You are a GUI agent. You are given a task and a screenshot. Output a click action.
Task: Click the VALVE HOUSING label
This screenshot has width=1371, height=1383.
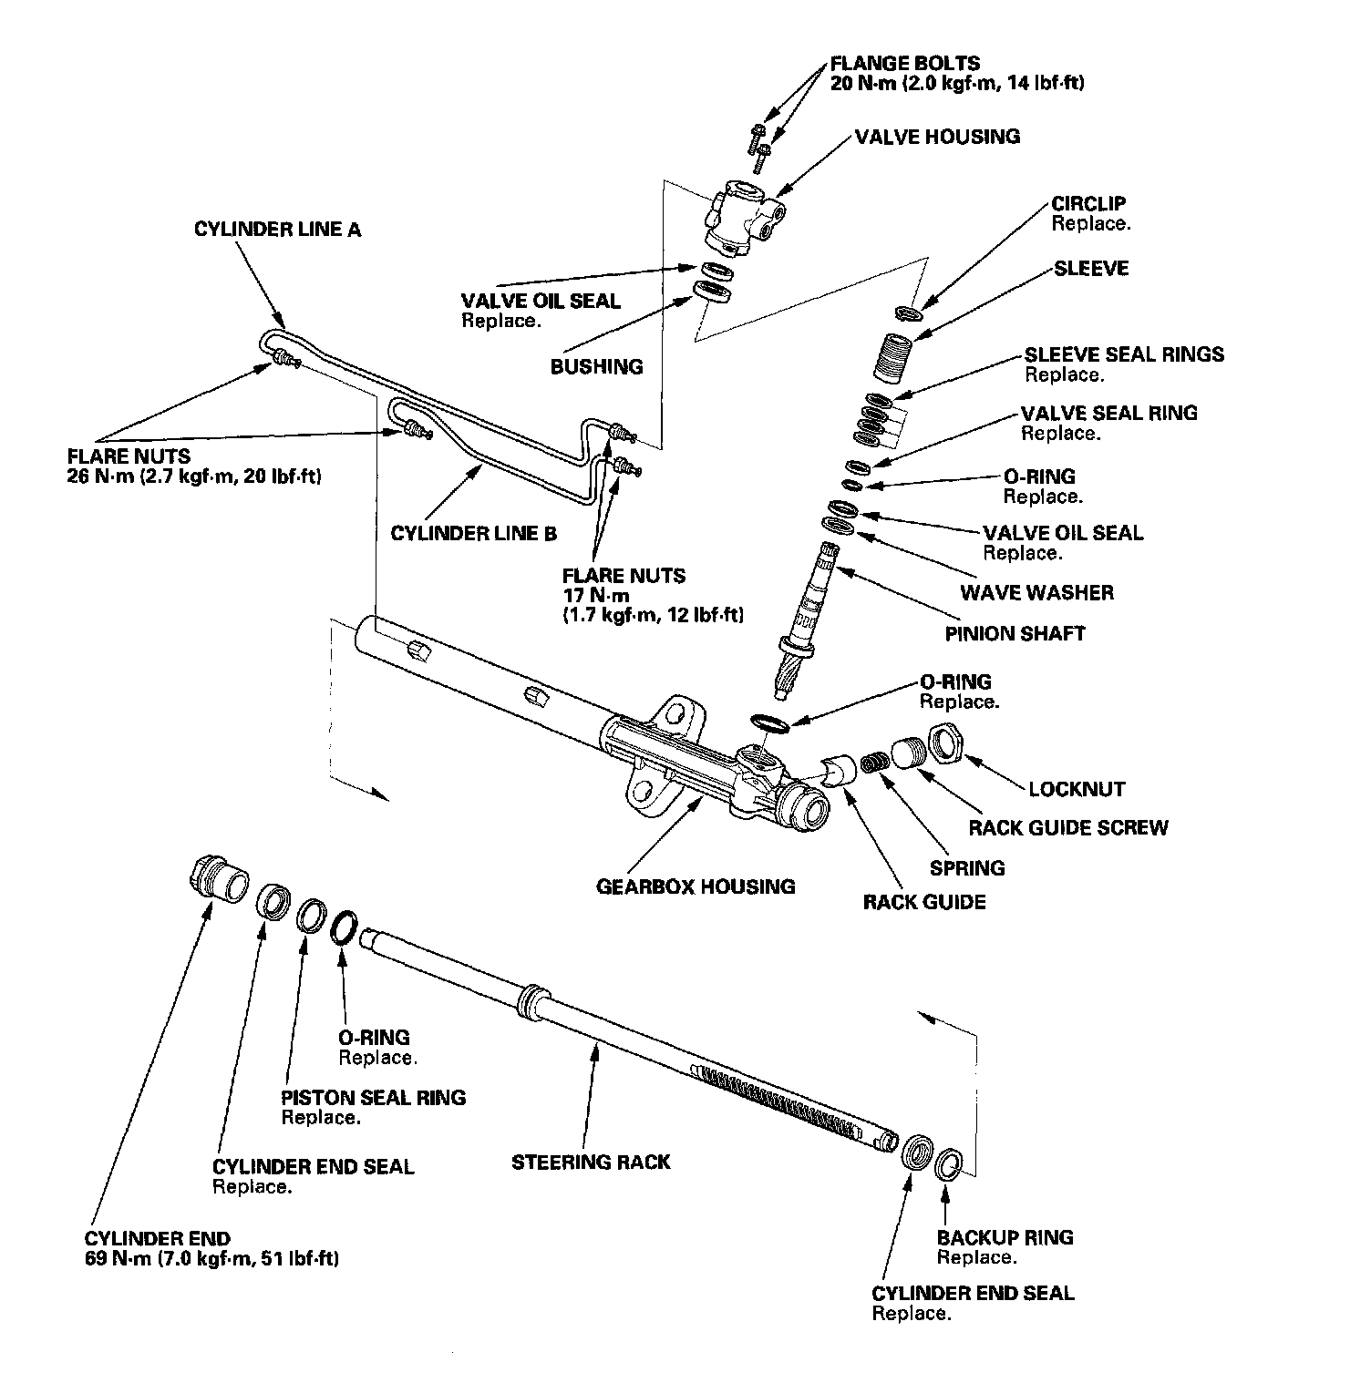pos(937,138)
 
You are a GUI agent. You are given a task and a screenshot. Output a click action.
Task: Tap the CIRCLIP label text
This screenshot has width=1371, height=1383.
pos(1088,204)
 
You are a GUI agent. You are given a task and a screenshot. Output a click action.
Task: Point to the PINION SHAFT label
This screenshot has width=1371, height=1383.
pos(1015,634)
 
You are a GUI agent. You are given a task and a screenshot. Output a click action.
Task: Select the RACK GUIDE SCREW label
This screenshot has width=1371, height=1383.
pos(1067,828)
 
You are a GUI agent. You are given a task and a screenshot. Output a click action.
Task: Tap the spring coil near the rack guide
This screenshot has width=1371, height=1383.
pos(876,761)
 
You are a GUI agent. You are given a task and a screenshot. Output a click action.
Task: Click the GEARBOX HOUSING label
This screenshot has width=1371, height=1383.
pos(696,886)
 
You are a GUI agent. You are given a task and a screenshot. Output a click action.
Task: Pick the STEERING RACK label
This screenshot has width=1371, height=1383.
pos(591,1163)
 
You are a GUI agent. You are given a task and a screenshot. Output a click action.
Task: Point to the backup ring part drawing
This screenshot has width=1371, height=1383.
pos(949,1163)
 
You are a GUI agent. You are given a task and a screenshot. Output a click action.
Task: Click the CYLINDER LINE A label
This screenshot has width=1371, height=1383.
pos(277,230)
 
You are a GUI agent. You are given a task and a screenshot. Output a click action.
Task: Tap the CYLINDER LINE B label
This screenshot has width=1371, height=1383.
pos(473,534)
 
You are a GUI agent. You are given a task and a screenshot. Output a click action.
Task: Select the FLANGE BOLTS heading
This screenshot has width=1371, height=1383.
pos(905,64)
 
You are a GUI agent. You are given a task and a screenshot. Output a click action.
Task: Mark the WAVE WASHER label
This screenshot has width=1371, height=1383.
pos(1036,593)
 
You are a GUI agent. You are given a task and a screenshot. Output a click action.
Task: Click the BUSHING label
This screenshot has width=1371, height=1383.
pos(596,367)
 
